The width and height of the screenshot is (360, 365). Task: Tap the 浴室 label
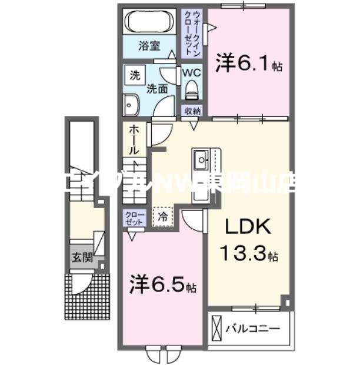149,46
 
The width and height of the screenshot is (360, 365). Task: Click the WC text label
192,73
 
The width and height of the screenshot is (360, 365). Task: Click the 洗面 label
157,89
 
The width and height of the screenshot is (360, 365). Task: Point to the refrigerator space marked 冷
163,217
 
